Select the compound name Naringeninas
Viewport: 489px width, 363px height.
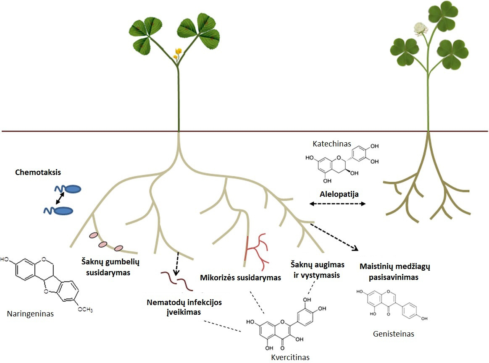[x=30, y=313]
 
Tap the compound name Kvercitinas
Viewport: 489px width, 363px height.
[x=290, y=357]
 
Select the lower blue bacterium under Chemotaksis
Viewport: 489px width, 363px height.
[x=64, y=211]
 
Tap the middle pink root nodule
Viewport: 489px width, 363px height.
[x=104, y=245]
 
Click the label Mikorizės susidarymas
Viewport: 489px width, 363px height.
[x=240, y=278]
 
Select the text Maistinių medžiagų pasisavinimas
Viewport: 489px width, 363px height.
[x=395, y=272]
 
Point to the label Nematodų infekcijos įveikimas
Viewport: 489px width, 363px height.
[x=184, y=307]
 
